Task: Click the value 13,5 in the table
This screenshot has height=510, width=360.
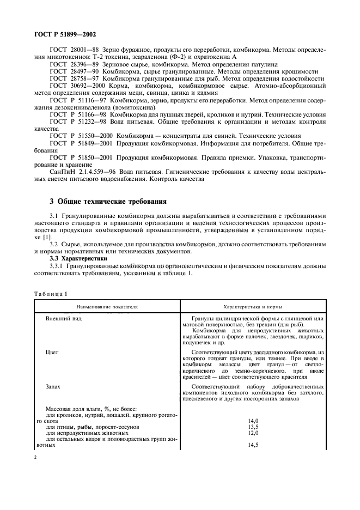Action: tap(253, 427)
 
